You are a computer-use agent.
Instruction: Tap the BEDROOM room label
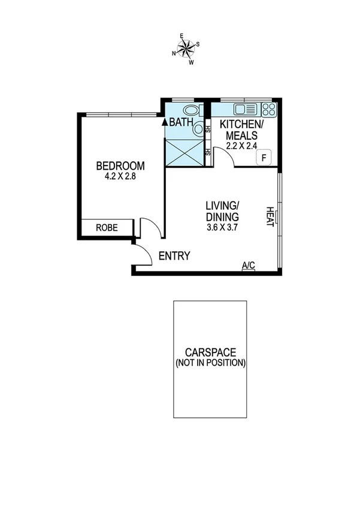point(120,166)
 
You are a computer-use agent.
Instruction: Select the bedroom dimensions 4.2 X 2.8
point(120,176)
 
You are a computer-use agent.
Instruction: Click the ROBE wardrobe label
point(107,228)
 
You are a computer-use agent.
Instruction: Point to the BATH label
point(180,122)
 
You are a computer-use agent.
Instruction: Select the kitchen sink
point(246,109)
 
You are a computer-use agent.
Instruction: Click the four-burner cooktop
point(269,109)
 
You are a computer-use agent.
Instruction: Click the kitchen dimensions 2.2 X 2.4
point(241,144)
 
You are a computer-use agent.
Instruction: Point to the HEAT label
point(270,216)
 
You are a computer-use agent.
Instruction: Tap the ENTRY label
point(174,256)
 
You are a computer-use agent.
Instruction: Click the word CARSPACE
point(210,353)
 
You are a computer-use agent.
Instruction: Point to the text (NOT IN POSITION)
point(210,363)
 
